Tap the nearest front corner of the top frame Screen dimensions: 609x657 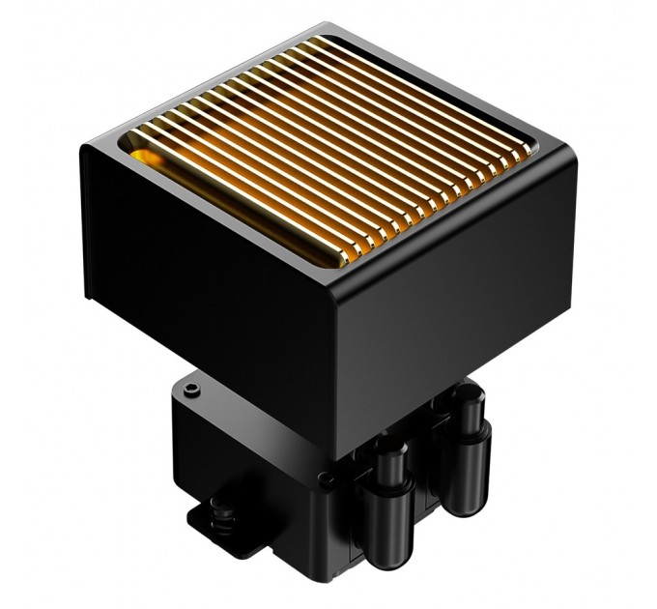pos(336,281)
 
